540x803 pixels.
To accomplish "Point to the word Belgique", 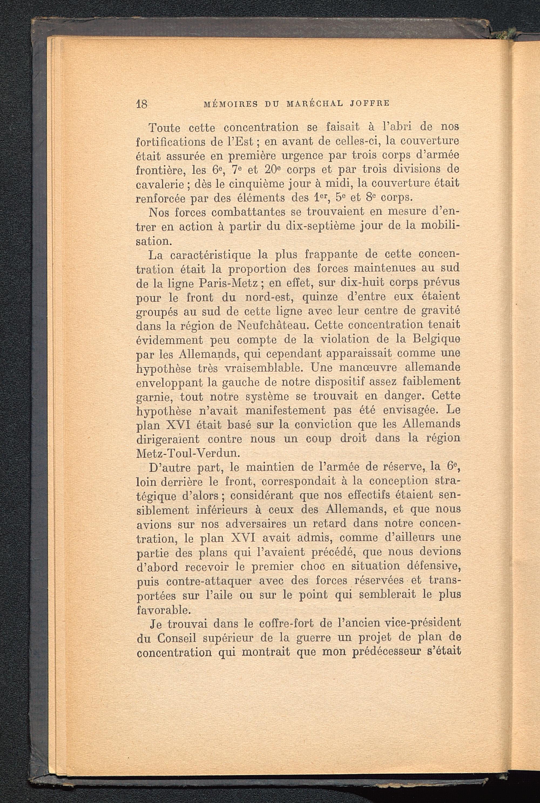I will point(434,339).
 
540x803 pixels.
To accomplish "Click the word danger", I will point(393,396).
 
